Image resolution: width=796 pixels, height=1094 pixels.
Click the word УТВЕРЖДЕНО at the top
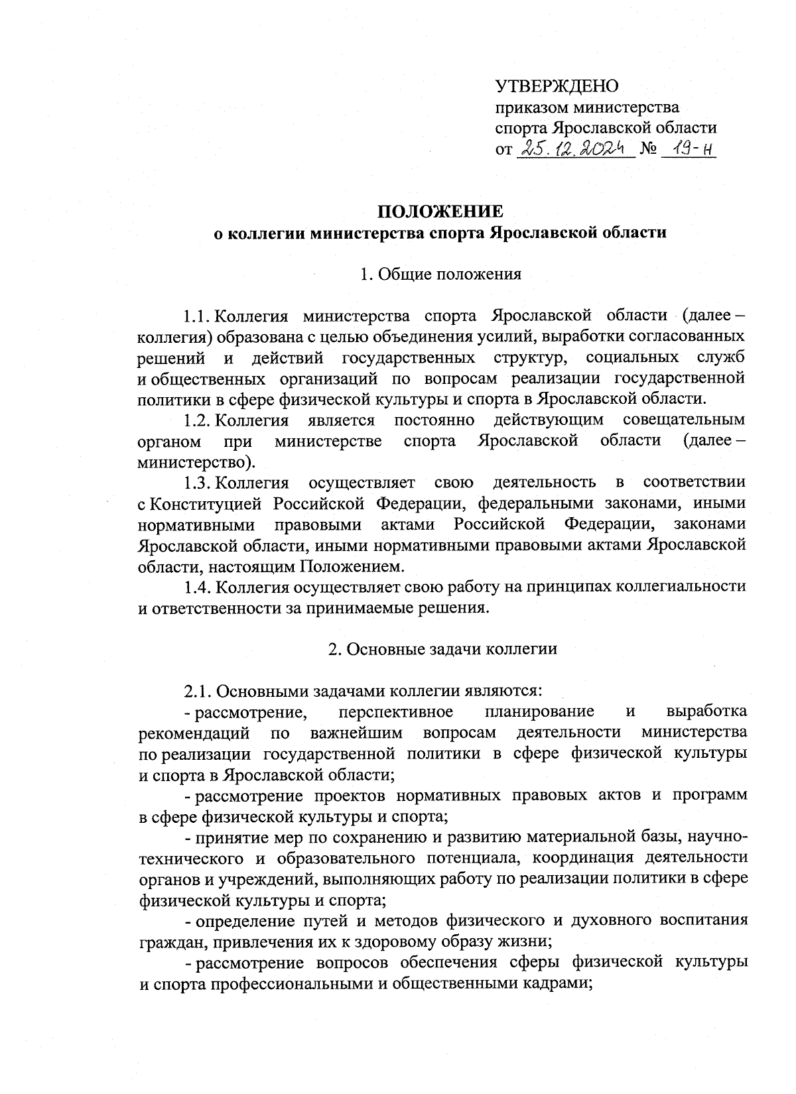click(557, 86)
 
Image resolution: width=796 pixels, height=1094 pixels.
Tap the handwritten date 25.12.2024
click(574, 149)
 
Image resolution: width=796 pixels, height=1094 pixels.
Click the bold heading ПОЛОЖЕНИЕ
click(440, 212)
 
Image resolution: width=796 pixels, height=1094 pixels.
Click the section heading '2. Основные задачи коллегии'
click(442, 649)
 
